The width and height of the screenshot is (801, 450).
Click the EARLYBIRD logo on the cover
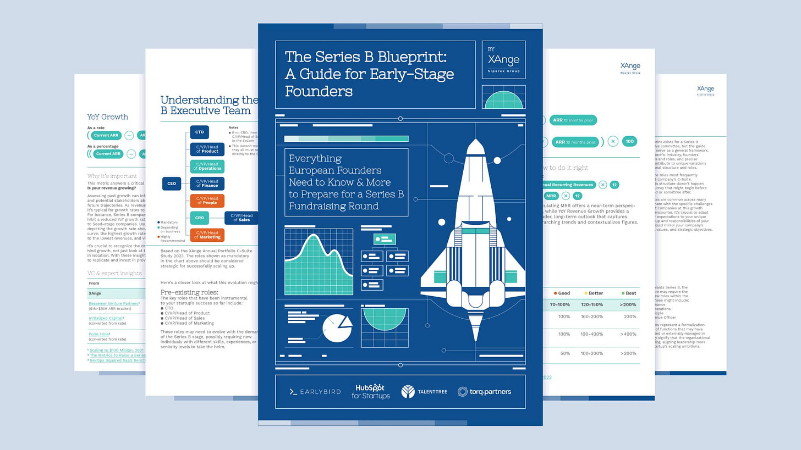point(315,392)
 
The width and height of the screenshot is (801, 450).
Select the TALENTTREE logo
point(424,392)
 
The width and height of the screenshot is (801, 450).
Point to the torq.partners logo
point(484,392)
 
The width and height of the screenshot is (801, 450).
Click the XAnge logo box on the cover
point(503,59)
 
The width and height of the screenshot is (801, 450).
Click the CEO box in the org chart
point(172,184)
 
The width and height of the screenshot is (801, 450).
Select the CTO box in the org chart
point(199,132)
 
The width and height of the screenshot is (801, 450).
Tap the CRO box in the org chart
point(199,218)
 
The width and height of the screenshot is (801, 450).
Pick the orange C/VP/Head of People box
point(207,201)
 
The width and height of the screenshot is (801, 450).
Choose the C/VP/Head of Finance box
point(207,184)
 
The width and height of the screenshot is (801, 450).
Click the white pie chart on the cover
point(336,328)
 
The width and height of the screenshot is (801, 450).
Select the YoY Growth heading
point(108,116)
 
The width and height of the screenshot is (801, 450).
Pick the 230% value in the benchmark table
point(630,317)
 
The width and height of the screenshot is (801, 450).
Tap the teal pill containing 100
point(630,141)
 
